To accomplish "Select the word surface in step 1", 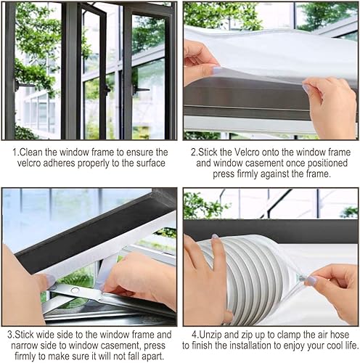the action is point(151,163).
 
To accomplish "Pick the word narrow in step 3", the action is point(25,346).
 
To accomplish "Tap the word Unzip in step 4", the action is point(210,335).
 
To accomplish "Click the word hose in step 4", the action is point(340,335).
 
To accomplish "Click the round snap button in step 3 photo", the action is point(75,290).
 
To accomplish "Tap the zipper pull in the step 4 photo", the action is point(302,278).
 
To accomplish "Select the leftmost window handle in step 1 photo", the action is point(23,85).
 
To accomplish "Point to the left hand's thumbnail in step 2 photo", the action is point(216,70).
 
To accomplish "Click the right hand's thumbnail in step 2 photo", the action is point(306,88).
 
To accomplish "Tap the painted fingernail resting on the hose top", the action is point(214,237).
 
